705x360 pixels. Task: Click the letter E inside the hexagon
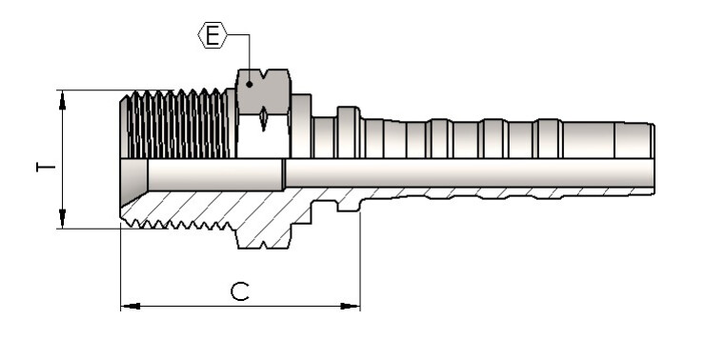coord(212,35)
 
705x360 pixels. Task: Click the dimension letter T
coord(45,168)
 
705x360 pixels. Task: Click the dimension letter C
coord(240,291)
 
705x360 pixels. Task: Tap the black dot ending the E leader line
coord(249,84)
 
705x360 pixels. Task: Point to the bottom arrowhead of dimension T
coord(62,218)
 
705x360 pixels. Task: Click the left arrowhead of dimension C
coord(131,306)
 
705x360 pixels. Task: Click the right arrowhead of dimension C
coord(350,306)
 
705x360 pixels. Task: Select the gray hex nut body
coord(264,91)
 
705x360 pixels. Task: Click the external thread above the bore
coord(176,124)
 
